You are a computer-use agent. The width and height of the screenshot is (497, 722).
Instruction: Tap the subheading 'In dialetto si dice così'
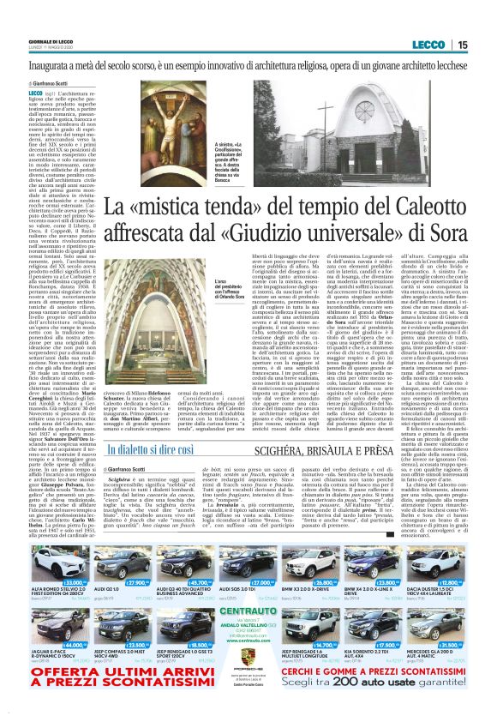click(150, 448)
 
